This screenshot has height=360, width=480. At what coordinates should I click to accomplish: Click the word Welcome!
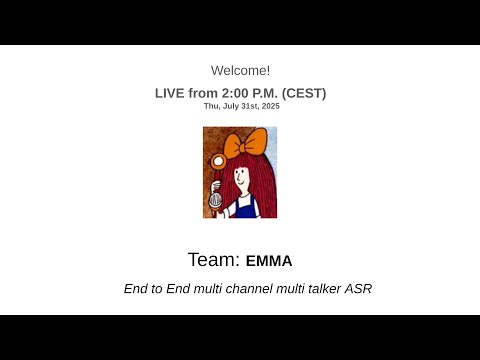(240, 70)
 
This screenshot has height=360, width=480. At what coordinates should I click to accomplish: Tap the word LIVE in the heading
(171, 93)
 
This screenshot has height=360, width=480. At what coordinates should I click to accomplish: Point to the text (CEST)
(304, 93)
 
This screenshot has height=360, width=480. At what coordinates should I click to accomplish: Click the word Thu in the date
(210, 105)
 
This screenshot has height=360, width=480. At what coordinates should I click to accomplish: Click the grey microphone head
(217, 199)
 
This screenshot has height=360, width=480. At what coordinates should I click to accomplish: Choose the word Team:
(214, 260)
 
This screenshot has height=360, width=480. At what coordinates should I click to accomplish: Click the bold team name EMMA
(269, 261)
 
